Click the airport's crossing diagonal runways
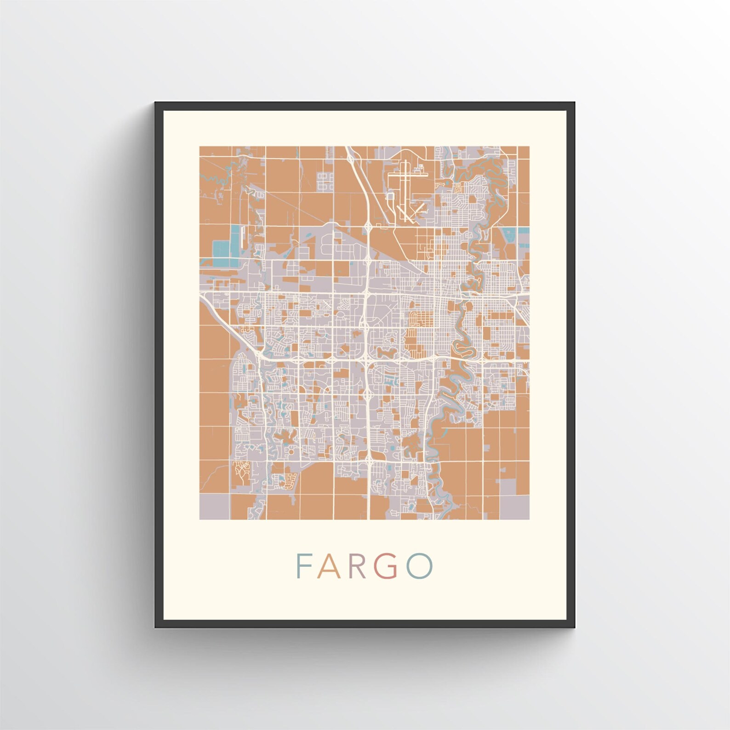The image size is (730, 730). pos(409,212)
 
